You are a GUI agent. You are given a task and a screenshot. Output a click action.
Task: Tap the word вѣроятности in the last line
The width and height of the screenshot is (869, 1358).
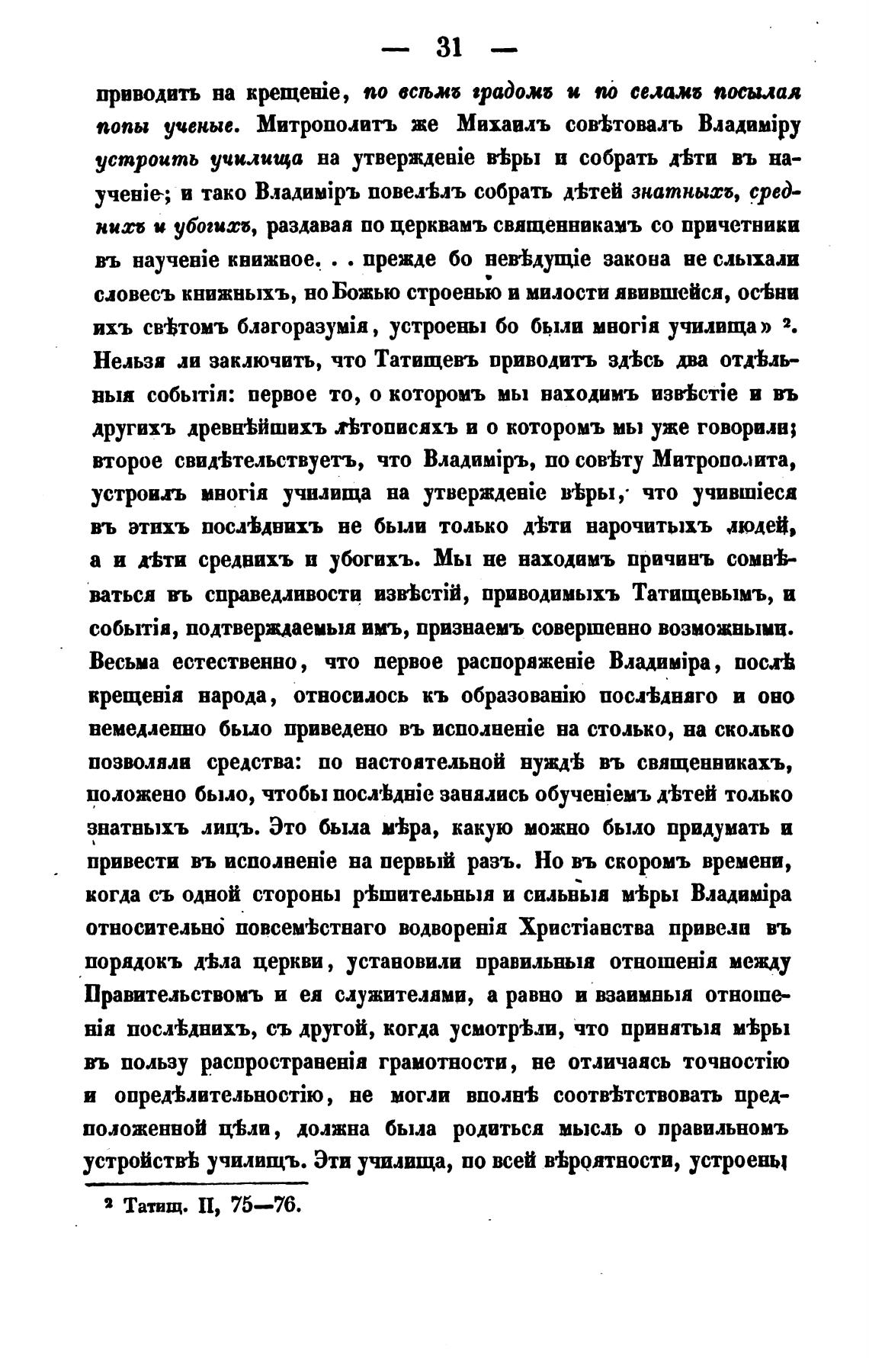pyautogui.click(x=612, y=1162)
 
